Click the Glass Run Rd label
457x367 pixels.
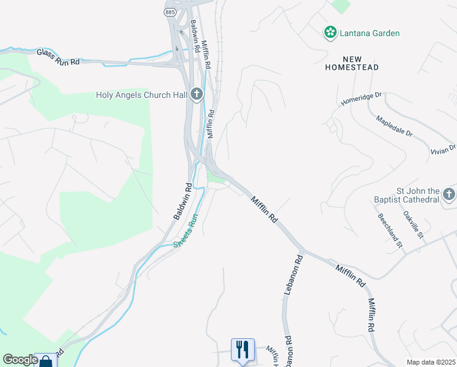(x=59, y=57)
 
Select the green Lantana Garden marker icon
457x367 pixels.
(x=331, y=32)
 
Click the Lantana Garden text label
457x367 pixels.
(x=370, y=33)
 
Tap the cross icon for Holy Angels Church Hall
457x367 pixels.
(x=196, y=94)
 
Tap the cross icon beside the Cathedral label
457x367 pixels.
(x=449, y=195)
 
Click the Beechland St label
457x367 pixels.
(x=390, y=231)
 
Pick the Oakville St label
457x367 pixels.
(x=413, y=224)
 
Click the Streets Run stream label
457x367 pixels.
(x=186, y=231)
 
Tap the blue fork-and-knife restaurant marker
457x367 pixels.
(x=243, y=350)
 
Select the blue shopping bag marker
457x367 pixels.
(x=46, y=361)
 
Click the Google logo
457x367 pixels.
(x=20, y=360)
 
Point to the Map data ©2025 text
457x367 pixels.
(x=430, y=362)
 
